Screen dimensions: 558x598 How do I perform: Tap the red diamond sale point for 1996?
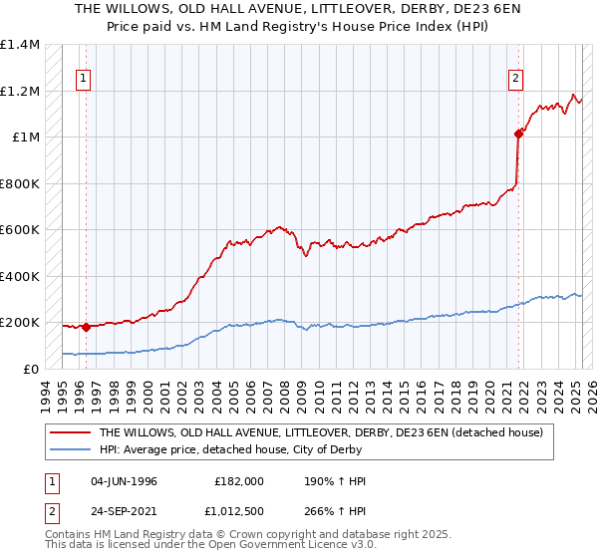coord(86,326)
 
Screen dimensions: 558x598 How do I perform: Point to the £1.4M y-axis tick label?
coord(20,45)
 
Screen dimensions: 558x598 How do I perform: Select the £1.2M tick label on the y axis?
coord(20,91)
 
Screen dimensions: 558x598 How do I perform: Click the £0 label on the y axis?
coord(33,369)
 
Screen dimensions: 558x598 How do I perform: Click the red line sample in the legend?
coord(71,432)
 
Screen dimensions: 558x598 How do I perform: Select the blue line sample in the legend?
coord(71,450)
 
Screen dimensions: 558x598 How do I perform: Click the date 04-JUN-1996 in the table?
coord(126,481)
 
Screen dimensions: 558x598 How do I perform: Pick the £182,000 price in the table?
coord(239,481)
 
